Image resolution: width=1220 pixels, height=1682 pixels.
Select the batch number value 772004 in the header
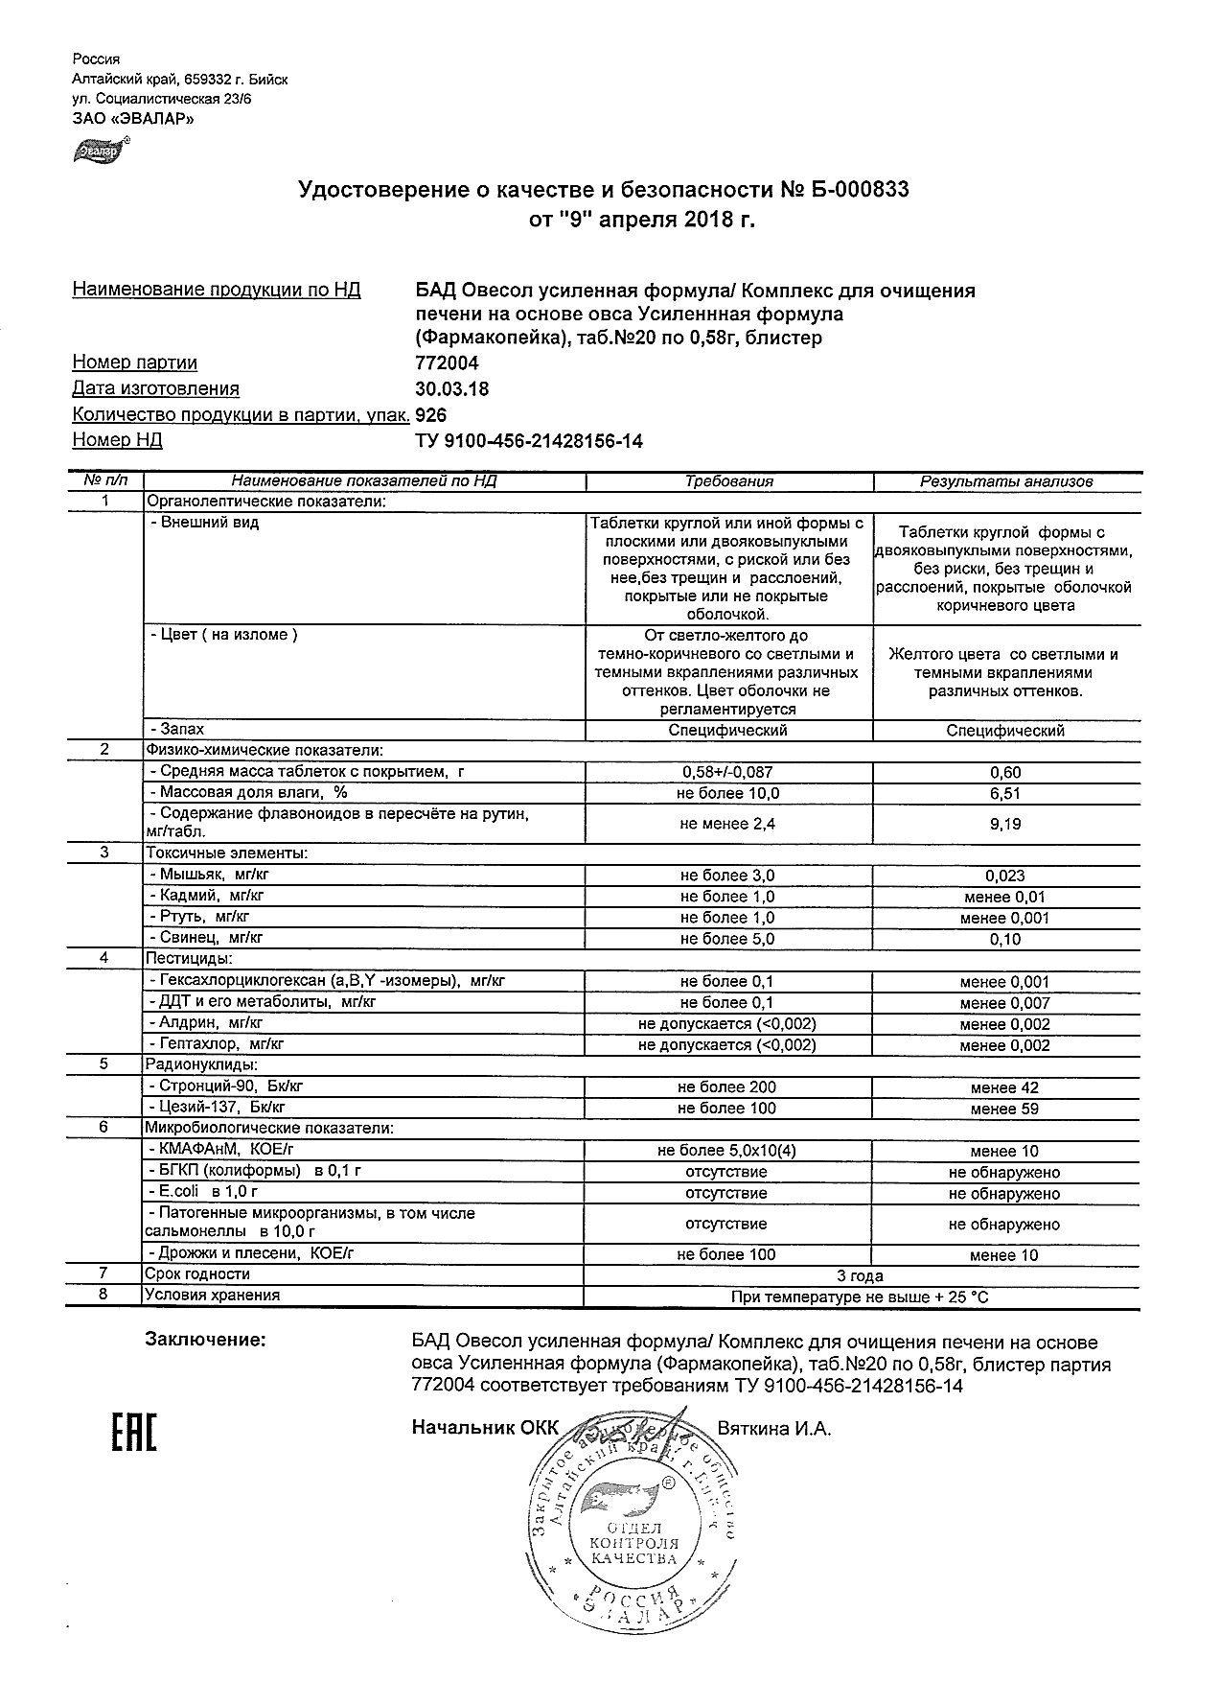(447, 363)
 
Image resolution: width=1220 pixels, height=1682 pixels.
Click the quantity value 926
(431, 415)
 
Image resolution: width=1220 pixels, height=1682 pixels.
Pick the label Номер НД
(117, 440)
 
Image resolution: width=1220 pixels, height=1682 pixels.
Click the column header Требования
(728, 481)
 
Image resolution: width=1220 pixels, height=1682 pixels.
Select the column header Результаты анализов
(1005, 481)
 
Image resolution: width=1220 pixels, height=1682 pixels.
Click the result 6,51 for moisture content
(1005, 793)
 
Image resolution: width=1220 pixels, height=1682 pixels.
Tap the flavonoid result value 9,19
(1005, 824)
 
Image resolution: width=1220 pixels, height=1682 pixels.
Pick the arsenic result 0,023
(1005, 876)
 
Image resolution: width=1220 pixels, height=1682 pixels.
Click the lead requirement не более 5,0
(727, 939)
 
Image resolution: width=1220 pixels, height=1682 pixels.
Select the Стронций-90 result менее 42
(1004, 1087)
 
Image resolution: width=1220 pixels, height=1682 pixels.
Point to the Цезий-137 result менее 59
(1004, 1109)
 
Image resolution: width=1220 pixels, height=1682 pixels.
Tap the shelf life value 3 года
(861, 1275)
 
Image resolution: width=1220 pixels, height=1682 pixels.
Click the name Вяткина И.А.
(773, 1429)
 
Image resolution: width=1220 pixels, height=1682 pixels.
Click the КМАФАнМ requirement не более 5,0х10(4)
(727, 1151)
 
